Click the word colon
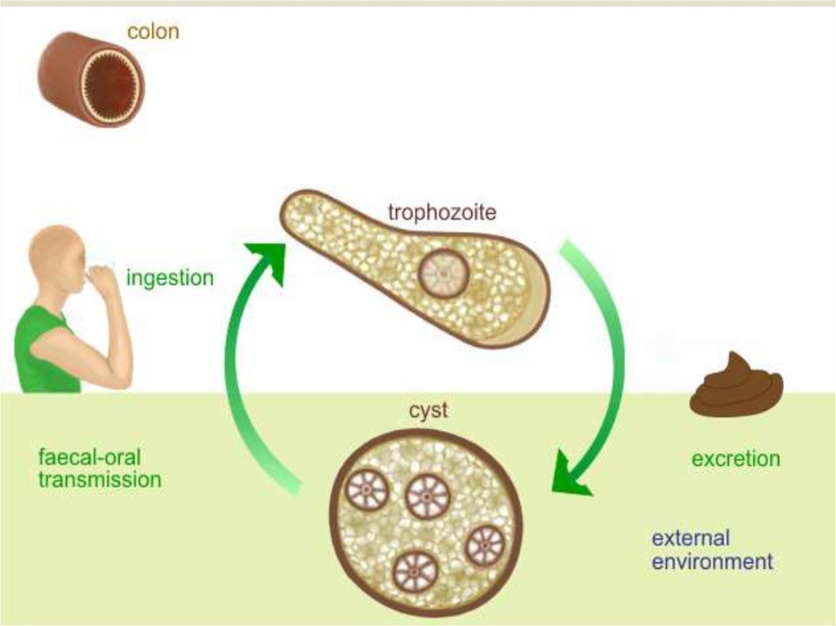pos(153,33)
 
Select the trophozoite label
pos(442,214)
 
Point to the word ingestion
pos(170,278)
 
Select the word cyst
pos(429,411)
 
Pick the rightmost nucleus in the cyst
pos(485,545)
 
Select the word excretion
pos(736,459)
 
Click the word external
pos(690,538)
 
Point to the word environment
pos(711,562)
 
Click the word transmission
pos(100,479)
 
